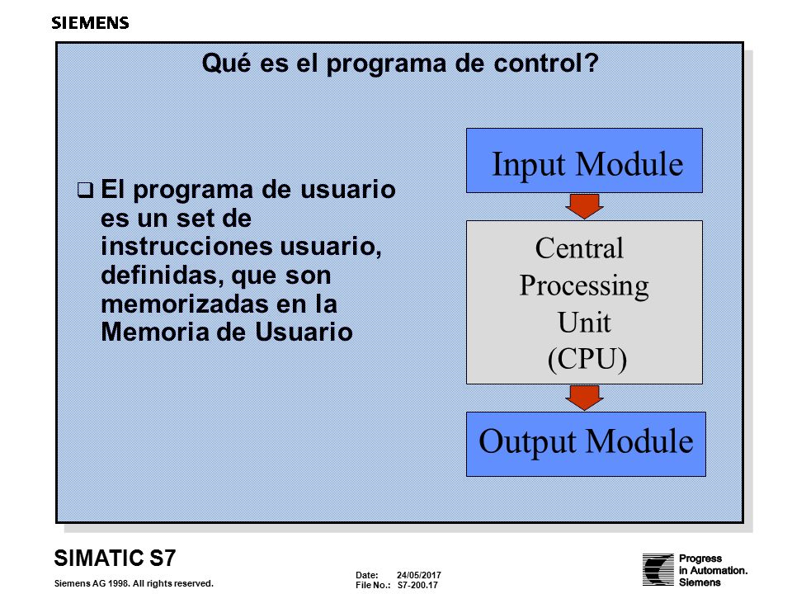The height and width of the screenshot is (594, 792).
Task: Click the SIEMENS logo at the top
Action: pyautogui.click(x=91, y=23)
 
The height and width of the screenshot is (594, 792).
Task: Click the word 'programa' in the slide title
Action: pyautogui.click(x=386, y=64)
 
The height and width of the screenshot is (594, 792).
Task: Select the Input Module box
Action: pyautogui.click(x=584, y=161)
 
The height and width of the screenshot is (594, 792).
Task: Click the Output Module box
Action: pyautogui.click(x=586, y=444)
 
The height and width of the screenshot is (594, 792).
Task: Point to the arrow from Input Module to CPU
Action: pyautogui.click(x=584, y=206)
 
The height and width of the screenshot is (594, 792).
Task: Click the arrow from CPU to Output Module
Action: pyautogui.click(x=584, y=398)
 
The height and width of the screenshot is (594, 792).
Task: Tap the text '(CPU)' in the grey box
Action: pyautogui.click(x=587, y=359)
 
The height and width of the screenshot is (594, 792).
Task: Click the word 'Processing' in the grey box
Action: pyautogui.click(x=584, y=286)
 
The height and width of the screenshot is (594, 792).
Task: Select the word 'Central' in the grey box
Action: pyautogui.click(x=579, y=248)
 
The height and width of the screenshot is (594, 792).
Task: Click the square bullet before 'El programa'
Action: pyautogui.click(x=85, y=191)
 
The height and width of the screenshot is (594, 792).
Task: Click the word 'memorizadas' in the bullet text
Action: pyautogui.click(x=185, y=304)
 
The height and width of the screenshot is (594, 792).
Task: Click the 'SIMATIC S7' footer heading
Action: pyautogui.click(x=115, y=559)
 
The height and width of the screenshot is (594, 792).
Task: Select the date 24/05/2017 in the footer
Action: pyautogui.click(x=419, y=575)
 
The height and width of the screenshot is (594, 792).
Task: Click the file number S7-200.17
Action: pyautogui.click(x=417, y=586)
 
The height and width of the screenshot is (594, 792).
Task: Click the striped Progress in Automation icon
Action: pyautogui.click(x=658, y=569)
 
